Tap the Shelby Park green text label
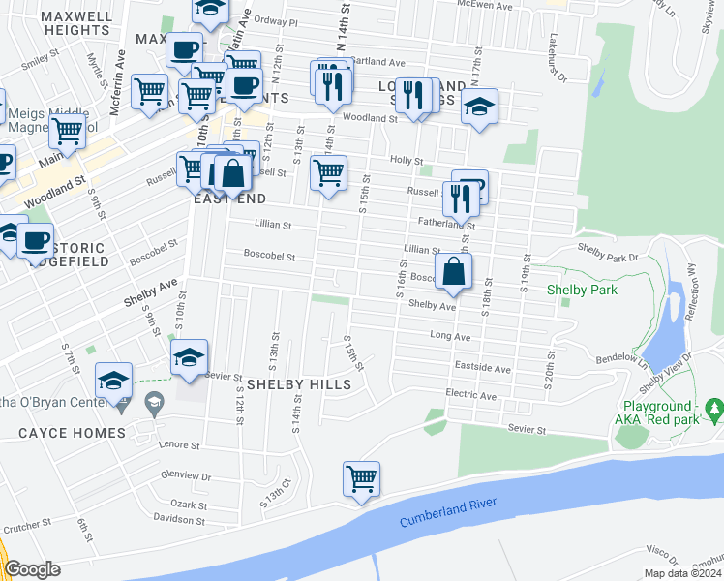pyautogui.click(x=582, y=289)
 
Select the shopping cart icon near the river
pyautogui.click(x=361, y=479)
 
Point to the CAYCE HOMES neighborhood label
pyautogui.click(x=72, y=433)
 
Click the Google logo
pyautogui.click(x=31, y=569)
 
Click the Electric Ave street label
pyautogui.click(x=470, y=396)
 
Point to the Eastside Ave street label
pyautogui.click(x=482, y=369)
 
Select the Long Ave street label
pyautogui.click(x=449, y=337)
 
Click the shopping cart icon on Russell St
pyautogui.click(x=328, y=173)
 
